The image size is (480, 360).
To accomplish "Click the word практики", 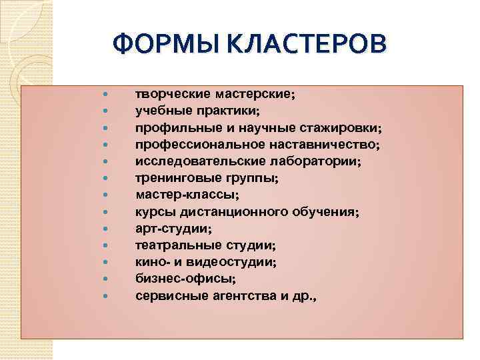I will pyautogui.click(x=229, y=111).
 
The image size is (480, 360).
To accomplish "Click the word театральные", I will pyautogui.click(x=173, y=245).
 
